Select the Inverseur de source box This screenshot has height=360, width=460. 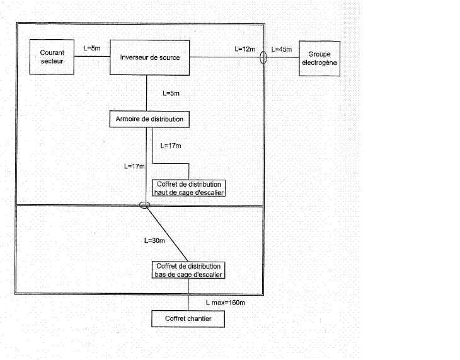[150, 58]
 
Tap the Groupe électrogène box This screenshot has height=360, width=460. [320, 59]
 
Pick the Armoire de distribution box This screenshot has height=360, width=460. [149, 119]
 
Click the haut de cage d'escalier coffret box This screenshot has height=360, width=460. [189, 188]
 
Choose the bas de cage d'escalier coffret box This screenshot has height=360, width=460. [188, 270]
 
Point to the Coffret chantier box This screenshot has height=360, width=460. [188, 319]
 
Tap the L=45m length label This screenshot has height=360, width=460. [281, 49]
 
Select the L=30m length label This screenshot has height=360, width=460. [154, 240]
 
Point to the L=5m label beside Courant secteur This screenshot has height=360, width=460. [92, 48]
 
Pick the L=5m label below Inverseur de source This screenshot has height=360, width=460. [170, 94]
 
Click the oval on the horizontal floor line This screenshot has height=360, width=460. [145, 205]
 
